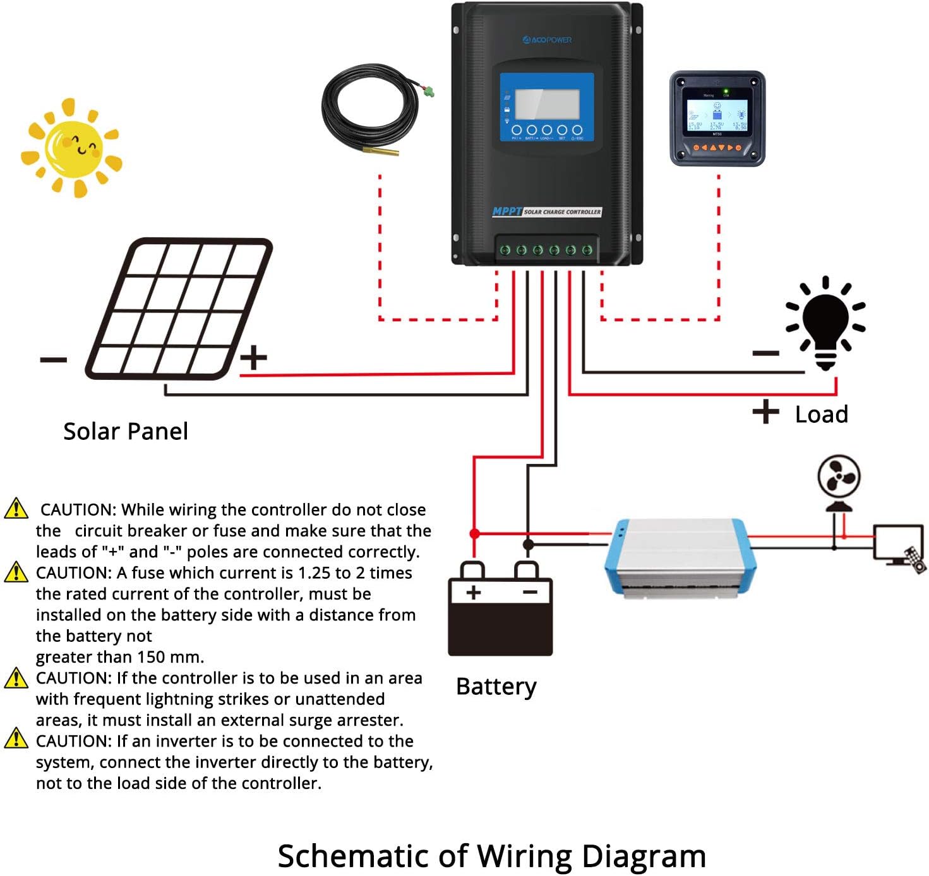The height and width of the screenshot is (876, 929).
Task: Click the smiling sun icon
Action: click(71, 148)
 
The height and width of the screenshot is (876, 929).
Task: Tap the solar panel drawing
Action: click(179, 309)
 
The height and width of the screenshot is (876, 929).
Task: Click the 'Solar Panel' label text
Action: click(126, 431)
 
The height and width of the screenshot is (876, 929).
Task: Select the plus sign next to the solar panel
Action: click(254, 357)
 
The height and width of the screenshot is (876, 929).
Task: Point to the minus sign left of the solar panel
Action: click(53, 360)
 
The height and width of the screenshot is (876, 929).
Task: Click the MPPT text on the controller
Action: click(507, 211)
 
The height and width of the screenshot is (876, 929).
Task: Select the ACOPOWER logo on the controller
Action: click(547, 40)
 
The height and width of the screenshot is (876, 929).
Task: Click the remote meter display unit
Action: click(717, 119)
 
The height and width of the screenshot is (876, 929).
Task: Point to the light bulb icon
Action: click(825, 323)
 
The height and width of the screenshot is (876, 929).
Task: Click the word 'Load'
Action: click(821, 414)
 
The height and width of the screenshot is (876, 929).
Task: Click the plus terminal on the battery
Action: click(473, 591)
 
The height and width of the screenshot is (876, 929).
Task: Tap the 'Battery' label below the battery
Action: click(496, 686)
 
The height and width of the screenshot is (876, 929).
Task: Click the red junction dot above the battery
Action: click(474, 534)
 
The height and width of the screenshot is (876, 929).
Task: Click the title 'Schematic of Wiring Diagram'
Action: click(491, 856)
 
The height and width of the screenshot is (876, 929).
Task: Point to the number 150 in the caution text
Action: click(151, 657)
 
